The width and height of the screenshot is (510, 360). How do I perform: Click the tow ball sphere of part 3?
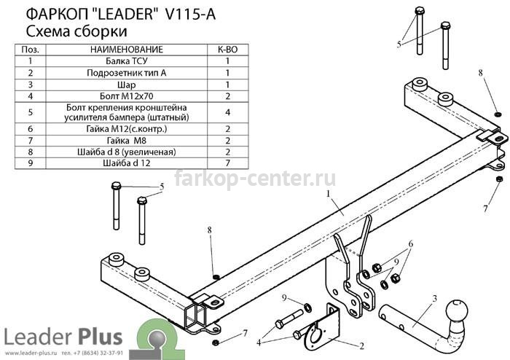tap(457, 310)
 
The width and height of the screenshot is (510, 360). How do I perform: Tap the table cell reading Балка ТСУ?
tap(127, 60)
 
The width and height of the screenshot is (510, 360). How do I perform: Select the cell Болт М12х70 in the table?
tap(127, 96)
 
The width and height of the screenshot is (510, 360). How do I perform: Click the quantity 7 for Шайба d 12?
tap(227, 163)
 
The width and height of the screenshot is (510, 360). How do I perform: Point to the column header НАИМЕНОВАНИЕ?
tap(127, 50)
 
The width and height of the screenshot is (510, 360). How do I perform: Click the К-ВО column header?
tap(227, 50)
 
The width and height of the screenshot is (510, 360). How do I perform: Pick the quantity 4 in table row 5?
tap(227, 112)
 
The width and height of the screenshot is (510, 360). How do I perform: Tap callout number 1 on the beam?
tap(329, 194)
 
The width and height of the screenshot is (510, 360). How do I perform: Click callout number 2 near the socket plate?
tap(361, 346)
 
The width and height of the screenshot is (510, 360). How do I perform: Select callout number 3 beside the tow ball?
tap(434, 299)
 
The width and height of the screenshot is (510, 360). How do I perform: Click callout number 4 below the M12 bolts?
tap(259, 343)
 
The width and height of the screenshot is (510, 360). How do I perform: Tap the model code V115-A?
tap(191, 15)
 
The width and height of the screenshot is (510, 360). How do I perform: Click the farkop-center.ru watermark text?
tap(255, 179)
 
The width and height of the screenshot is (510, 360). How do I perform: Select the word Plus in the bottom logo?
tap(100, 337)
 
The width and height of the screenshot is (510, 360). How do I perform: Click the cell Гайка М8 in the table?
tap(127, 141)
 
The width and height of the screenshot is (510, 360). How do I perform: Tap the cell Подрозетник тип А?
tap(127, 73)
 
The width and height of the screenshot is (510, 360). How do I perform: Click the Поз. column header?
tap(31, 50)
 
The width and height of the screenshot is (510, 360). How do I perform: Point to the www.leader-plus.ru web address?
tap(31, 353)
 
